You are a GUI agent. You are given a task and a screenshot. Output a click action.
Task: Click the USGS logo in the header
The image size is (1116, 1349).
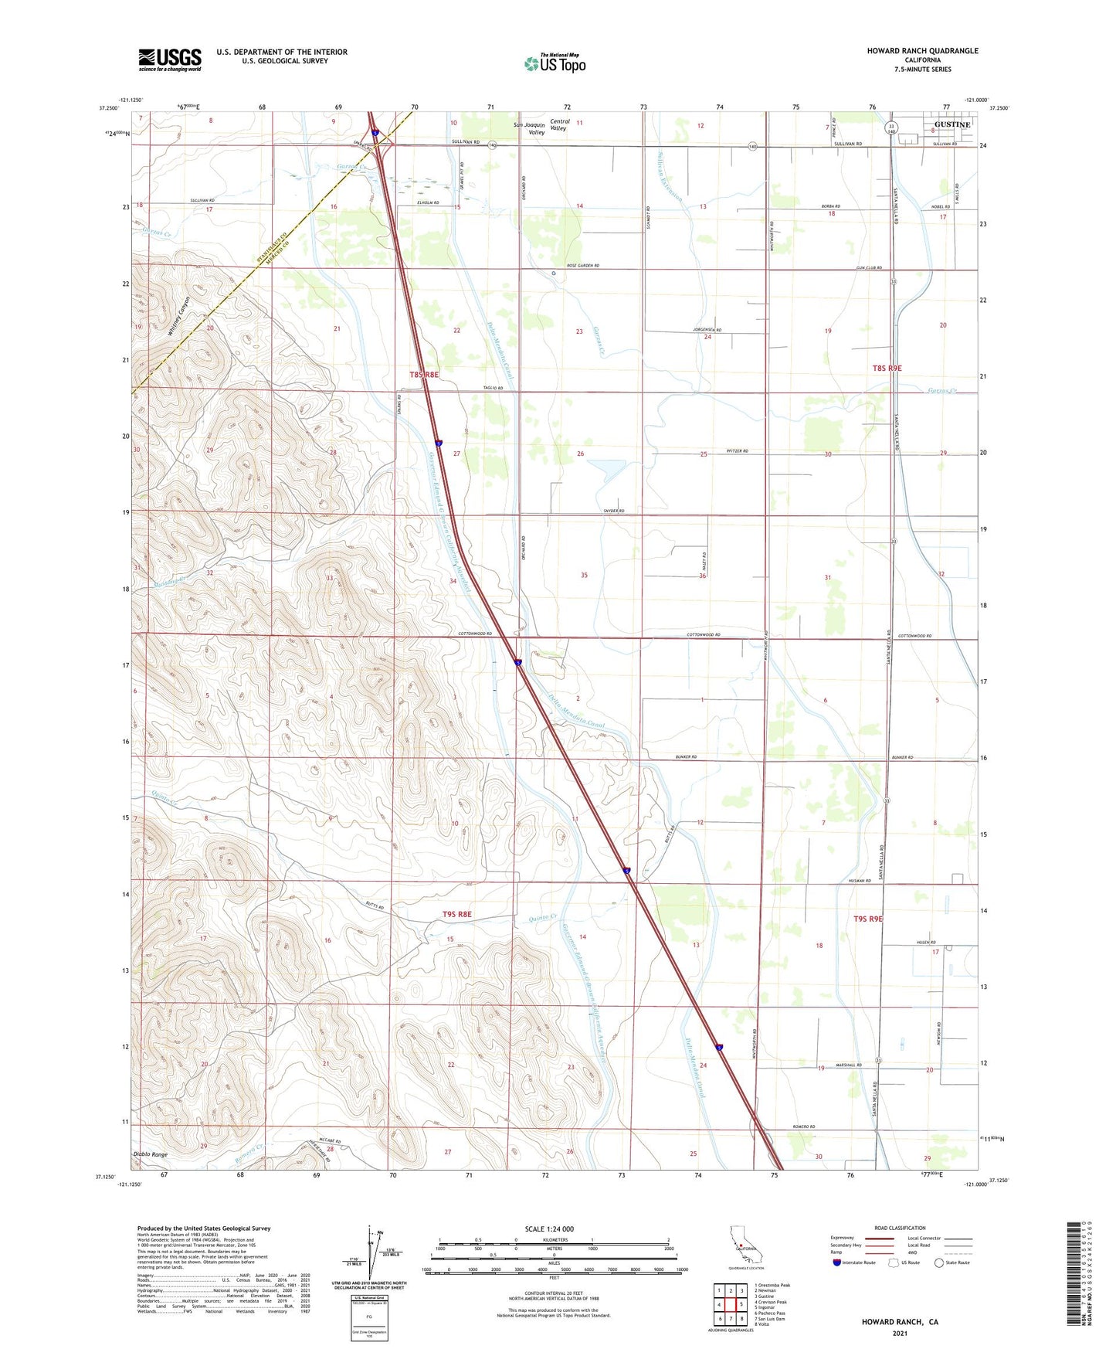click(170, 59)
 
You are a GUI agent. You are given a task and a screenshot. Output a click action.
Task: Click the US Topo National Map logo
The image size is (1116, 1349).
click(555, 63)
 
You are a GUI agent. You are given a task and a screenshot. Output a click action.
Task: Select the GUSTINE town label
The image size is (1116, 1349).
click(951, 124)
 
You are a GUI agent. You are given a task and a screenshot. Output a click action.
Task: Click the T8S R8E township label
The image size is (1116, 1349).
click(424, 374)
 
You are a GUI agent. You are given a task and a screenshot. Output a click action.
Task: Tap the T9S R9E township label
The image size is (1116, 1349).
click(867, 919)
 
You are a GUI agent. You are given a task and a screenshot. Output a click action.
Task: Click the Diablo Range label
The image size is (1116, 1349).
click(150, 1154)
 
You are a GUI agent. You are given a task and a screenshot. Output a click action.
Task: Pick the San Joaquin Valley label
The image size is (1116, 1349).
click(531, 128)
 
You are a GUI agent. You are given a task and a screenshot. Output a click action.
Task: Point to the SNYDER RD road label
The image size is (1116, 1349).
click(613, 511)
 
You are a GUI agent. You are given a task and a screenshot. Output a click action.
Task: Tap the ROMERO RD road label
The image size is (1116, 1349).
click(803, 1126)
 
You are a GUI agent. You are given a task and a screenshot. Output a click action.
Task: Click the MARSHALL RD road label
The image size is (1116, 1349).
click(850, 1065)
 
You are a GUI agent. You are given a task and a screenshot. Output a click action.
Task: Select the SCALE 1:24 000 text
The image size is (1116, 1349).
click(549, 1228)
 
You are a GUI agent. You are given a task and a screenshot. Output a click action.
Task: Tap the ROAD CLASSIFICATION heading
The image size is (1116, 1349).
click(900, 1228)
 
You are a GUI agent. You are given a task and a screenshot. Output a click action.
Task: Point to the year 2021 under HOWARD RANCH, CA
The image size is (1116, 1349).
click(899, 1333)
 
